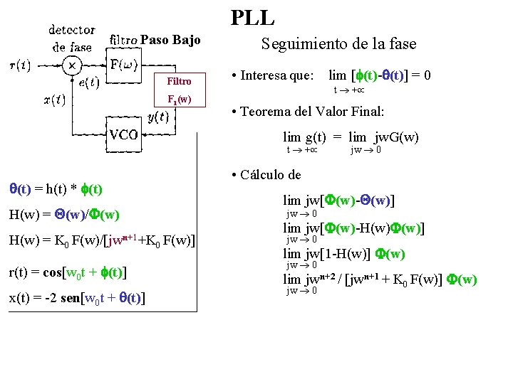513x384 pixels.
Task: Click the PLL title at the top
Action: pos(253,17)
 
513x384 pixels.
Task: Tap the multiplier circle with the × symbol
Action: pos(72,65)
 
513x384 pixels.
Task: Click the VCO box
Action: pos(123,134)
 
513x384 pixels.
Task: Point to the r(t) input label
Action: pos(19,65)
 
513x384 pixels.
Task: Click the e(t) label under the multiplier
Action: pos(89,82)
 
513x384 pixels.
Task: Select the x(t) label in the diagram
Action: pos(54,100)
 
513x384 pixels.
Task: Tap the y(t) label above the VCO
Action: pos(157,117)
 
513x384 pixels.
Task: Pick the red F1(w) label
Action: pos(179,99)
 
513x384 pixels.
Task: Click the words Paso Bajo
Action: pos(171,39)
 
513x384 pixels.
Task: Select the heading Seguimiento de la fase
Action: pos(338,43)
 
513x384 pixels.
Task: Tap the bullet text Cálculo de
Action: pos(271,174)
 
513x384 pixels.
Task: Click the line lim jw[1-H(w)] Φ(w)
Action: pos(344,253)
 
